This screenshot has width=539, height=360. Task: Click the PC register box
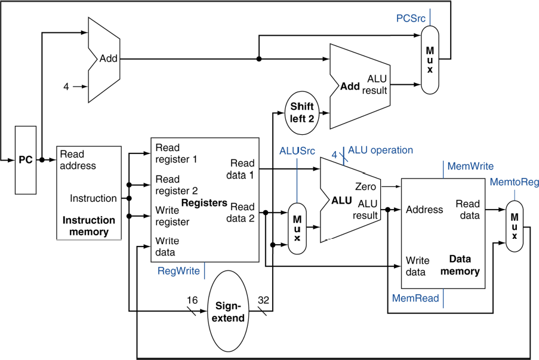(x=25, y=160)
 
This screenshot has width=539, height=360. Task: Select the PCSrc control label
(x=411, y=19)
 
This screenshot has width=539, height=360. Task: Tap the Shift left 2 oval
(x=302, y=112)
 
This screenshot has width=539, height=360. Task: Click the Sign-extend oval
(x=229, y=312)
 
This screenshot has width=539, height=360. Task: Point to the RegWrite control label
(x=178, y=270)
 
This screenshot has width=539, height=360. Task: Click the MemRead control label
(x=415, y=298)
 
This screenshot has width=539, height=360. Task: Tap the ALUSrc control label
(x=297, y=151)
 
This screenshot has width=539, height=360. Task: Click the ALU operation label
(x=380, y=150)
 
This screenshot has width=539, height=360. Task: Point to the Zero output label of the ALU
(x=365, y=187)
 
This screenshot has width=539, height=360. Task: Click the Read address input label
(x=78, y=160)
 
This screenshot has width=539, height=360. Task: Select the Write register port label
(x=173, y=216)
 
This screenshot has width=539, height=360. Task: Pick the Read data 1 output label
(x=242, y=169)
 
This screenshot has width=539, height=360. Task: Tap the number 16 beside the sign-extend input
(x=191, y=300)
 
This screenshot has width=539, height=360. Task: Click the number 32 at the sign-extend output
(x=264, y=300)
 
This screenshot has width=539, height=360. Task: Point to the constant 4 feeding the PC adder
(x=67, y=87)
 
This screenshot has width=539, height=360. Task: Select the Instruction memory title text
(x=89, y=226)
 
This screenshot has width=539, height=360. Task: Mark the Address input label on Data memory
(x=424, y=210)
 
